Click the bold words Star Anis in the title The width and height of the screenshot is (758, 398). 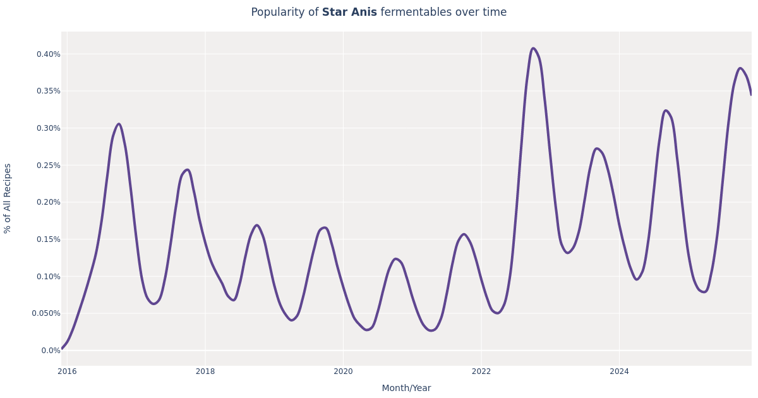349,13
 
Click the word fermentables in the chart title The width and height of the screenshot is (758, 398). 412,13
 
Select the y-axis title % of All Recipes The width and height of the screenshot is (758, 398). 8,198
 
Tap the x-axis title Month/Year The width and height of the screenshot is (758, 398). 406,388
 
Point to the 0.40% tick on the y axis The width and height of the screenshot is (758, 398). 48,54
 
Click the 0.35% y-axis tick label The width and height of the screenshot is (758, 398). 48,91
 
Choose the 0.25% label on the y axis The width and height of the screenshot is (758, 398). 48,166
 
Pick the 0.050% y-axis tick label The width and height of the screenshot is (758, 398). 46,313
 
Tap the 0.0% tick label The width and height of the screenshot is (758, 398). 51,351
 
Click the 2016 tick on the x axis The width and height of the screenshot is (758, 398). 67,371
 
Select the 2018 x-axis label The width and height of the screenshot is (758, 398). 205,371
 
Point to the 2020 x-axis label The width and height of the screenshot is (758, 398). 343,371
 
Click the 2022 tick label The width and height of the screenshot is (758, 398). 481,371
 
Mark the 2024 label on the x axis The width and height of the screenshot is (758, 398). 619,371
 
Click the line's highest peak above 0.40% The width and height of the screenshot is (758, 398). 533,48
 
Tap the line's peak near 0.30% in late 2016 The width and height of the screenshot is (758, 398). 119,124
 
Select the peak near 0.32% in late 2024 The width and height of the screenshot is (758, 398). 666,111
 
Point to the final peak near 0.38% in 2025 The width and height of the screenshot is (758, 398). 740,68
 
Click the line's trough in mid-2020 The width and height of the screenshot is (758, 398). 367,330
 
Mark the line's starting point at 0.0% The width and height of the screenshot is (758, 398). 62,348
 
